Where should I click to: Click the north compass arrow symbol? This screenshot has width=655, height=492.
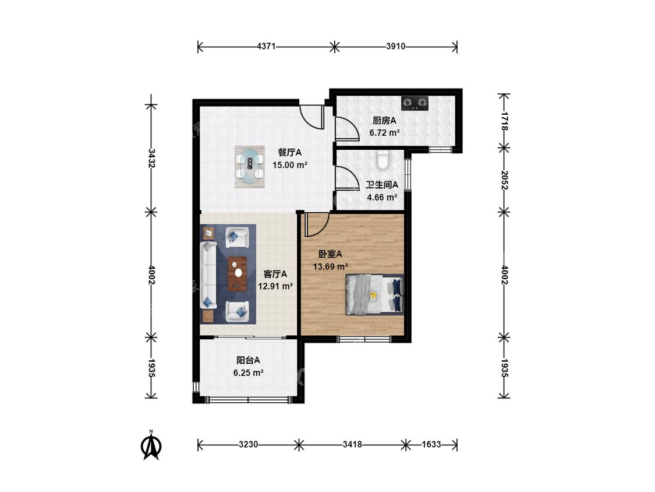151,445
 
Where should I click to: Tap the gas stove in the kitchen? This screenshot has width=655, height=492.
415,103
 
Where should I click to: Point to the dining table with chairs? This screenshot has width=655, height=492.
250,167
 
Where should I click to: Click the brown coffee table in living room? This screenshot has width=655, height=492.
237,273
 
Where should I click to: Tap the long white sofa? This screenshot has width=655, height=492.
208,275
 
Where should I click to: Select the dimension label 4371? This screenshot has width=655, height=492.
266,47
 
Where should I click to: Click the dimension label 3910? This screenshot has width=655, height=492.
395,47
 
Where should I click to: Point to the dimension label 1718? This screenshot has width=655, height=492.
504,121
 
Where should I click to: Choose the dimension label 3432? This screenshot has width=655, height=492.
151,158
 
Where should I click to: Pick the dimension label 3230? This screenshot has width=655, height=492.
248,444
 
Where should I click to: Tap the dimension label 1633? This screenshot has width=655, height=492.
431,444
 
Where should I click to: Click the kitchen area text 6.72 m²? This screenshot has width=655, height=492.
384,133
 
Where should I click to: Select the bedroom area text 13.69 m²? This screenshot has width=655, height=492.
331,266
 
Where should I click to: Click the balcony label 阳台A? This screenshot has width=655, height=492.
248,360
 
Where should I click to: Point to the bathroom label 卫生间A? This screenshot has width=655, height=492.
382,184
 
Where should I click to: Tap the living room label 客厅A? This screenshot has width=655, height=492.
275,274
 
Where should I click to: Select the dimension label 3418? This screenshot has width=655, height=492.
352,444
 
